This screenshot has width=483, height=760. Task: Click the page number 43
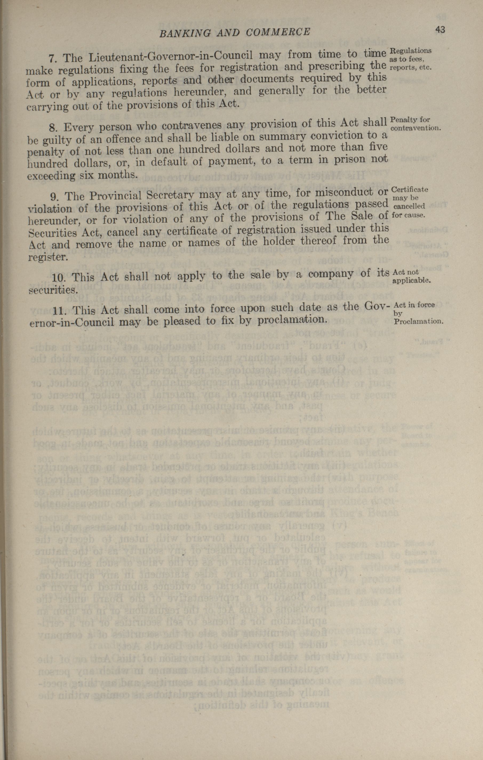pos(440,30)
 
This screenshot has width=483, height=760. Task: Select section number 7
pos(52,58)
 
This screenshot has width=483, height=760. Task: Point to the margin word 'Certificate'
pos(410,190)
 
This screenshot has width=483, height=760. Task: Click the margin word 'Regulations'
pos(411,51)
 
